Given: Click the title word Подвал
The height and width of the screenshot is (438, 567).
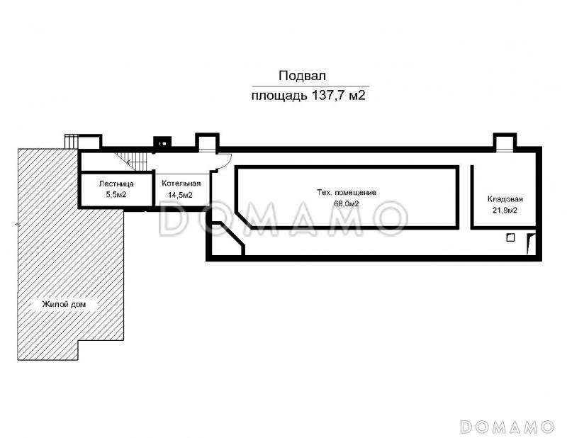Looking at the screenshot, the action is (x=303, y=76).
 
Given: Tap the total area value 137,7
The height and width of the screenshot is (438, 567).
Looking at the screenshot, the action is (x=327, y=96).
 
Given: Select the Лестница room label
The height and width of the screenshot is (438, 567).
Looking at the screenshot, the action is (x=116, y=184).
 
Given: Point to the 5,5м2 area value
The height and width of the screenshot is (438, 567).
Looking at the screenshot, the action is (x=116, y=195).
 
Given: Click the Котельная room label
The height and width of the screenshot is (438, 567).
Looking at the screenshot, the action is (x=181, y=184).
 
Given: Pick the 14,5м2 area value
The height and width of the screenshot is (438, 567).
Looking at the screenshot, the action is (x=180, y=195).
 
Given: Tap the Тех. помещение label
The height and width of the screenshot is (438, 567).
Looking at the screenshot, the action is (x=347, y=192).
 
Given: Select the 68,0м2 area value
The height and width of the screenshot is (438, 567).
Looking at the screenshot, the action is (x=347, y=203).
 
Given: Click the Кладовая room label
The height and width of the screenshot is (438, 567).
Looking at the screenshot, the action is (x=505, y=199).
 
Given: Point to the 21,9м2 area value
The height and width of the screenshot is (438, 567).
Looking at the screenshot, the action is (x=505, y=210).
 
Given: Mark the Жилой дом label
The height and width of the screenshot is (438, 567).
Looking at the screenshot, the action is (x=64, y=304).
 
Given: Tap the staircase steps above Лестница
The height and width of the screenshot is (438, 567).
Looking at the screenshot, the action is (x=133, y=161).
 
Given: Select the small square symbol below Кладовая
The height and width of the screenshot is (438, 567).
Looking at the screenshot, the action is (x=510, y=237).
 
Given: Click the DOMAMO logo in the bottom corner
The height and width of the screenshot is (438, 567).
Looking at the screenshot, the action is (x=507, y=427).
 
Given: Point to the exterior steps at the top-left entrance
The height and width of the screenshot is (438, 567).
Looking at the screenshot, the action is (x=72, y=142).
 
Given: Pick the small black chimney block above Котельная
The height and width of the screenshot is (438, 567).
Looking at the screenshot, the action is (x=162, y=142).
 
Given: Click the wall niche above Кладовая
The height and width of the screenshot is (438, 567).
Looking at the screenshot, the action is (x=505, y=142).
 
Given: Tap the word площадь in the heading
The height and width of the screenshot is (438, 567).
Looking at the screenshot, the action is (x=279, y=96).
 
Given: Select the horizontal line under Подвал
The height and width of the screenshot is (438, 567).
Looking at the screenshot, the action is (x=310, y=86).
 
